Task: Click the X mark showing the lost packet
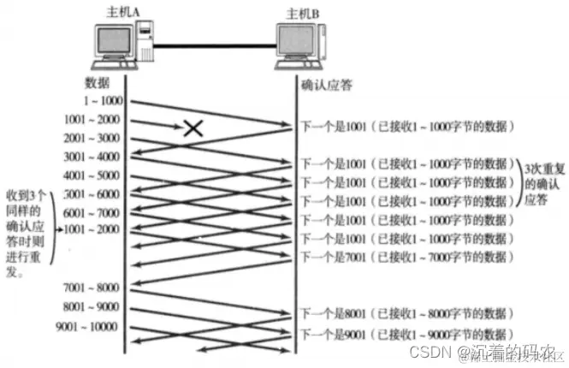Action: coord(194,129)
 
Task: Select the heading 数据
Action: coord(98,84)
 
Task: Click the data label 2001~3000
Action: coord(92,139)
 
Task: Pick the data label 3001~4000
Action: coord(92,157)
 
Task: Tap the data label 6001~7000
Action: coord(92,213)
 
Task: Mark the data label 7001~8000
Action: coord(92,287)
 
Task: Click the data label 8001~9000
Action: coord(92,306)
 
